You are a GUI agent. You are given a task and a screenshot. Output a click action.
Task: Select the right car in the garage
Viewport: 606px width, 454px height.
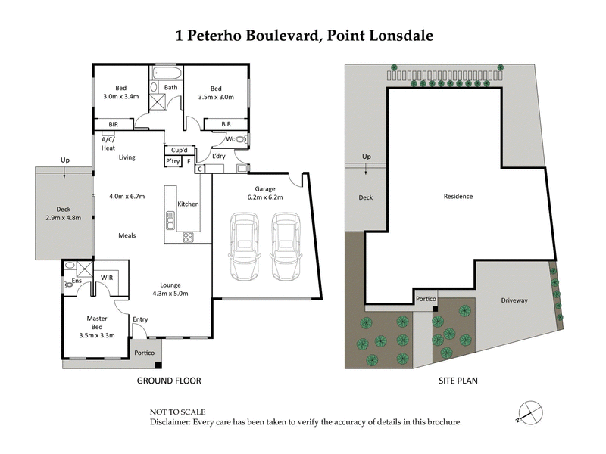(286, 247)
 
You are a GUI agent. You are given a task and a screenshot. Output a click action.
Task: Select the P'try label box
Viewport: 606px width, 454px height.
(173, 162)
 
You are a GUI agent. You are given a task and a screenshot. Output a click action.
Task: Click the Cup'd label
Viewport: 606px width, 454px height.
(179, 150)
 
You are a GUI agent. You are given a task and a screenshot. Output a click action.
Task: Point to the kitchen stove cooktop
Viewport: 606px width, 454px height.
(188, 237)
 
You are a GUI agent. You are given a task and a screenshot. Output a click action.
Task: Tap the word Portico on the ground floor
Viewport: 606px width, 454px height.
(145, 353)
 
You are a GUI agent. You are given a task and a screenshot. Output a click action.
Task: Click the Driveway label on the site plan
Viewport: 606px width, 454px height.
(514, 300)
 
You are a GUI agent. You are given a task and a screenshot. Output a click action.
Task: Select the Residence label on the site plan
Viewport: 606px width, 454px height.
(458, 197)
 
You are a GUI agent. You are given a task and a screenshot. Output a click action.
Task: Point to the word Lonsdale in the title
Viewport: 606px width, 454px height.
(401, 36)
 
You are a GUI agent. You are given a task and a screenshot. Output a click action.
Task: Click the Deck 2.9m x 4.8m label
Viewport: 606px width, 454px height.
(63, 215)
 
